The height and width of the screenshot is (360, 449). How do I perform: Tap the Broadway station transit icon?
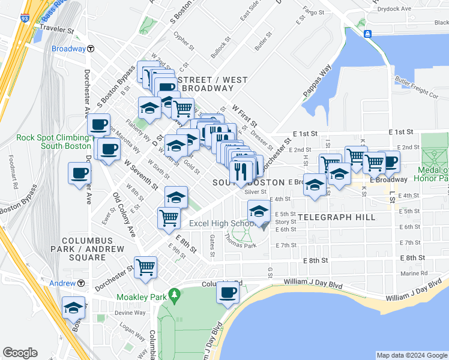click(x=90, y=49)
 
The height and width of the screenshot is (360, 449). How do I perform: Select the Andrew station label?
click(x=62, y=283)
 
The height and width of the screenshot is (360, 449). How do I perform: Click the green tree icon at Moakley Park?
click(x=175, y=295)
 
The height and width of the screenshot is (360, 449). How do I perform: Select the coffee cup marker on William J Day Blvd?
click(x=228, y=293)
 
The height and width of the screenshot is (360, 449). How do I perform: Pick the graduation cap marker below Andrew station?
click(x=74, y=308)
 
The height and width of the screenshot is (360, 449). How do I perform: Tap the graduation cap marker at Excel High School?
click(x=259, y=211)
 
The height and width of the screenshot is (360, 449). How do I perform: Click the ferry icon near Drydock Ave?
click(x=367, y=32)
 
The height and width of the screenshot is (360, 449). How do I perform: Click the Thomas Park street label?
click(x=241, y=241)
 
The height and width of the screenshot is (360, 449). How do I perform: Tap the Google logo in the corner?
click(x=20, y=353)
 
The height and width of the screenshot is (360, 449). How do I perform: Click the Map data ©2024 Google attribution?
click(x=411, y=355)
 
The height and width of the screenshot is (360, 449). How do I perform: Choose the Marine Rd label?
click(x=415, y=273)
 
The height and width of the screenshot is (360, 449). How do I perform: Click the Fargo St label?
click(x=313, y=11)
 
